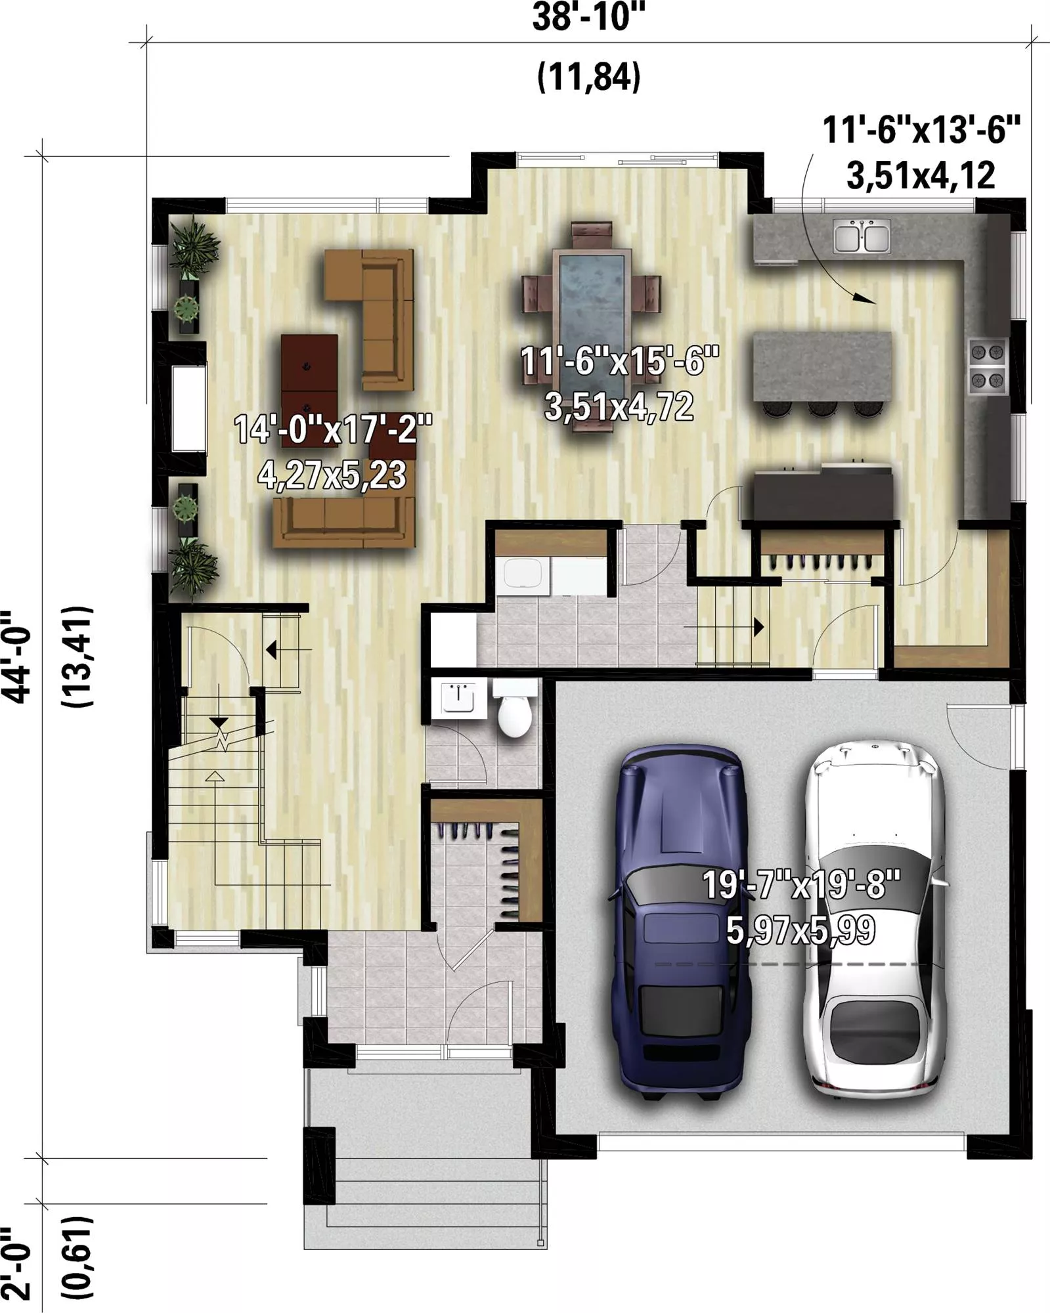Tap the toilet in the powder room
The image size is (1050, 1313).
[x=514, y=708]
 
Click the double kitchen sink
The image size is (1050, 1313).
[x=862, y=236]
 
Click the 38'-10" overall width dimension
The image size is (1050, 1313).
[x=588, y=18]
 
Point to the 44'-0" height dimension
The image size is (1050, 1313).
[x=16, y=658]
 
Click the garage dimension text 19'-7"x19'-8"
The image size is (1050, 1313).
[x=801, y=884]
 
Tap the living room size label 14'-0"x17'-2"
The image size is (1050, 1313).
[x=334, y=430]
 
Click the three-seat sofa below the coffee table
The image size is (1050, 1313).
[x=345, y=522]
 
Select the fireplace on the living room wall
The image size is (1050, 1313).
[x=188, y=408]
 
